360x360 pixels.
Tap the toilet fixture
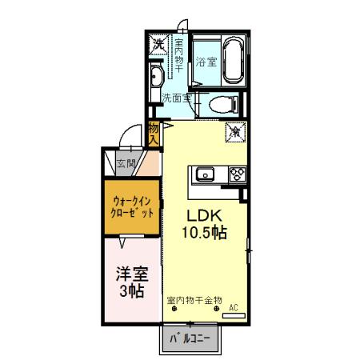[220, 104]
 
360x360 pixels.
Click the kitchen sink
[202, 174]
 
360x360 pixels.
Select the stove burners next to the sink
[238, 174]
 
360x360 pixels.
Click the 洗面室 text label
[177, 98]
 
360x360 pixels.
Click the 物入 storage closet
[154, 134]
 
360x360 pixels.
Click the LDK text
[206, 215]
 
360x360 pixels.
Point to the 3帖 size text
[129, 292]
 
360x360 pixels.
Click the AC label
[234, 306]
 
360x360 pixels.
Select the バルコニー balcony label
[190, 339]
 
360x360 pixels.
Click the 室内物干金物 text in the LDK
[194, 300]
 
